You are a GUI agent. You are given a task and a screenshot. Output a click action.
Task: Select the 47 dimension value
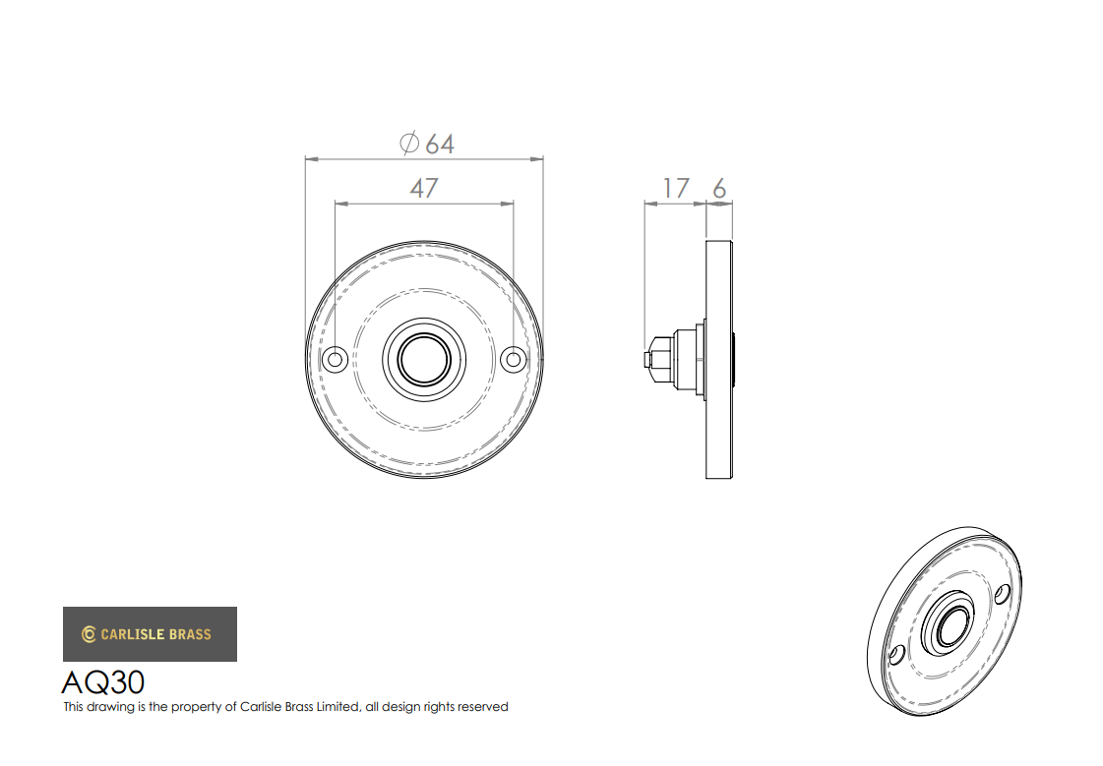pos(424,189)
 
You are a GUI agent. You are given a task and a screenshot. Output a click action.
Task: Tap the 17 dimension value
pos(676,189)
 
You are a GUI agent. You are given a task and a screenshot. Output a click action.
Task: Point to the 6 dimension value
pos(719,189)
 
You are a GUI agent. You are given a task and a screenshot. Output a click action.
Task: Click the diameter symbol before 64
pos(409,144)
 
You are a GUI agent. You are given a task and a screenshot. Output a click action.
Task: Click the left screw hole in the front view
pos(335,360)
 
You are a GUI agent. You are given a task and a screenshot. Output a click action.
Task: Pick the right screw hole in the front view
pos(514,360)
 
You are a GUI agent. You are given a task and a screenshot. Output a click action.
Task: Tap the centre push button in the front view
pos(424,360)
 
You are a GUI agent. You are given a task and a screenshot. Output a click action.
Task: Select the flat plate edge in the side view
pos(719,360)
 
